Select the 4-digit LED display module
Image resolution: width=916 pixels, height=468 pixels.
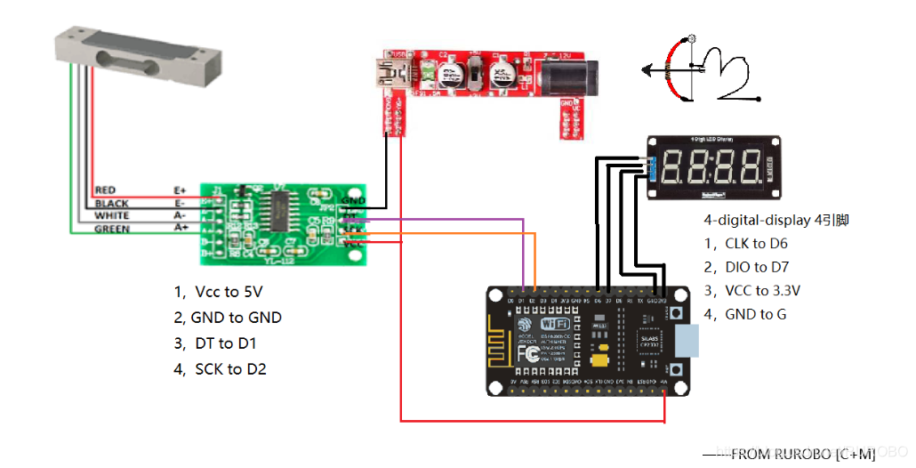[713, 167]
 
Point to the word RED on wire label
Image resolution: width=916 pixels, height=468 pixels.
[105, 190]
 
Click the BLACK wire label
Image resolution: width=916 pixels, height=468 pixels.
[111, 204]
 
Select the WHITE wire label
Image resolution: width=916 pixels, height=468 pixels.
[111, 216]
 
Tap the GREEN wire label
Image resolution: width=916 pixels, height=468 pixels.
[112, 230]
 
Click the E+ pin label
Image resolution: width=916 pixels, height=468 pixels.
[180, 190]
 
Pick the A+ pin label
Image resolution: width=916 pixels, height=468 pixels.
[181, 229]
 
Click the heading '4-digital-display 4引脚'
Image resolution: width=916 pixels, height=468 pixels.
[775, 219]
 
